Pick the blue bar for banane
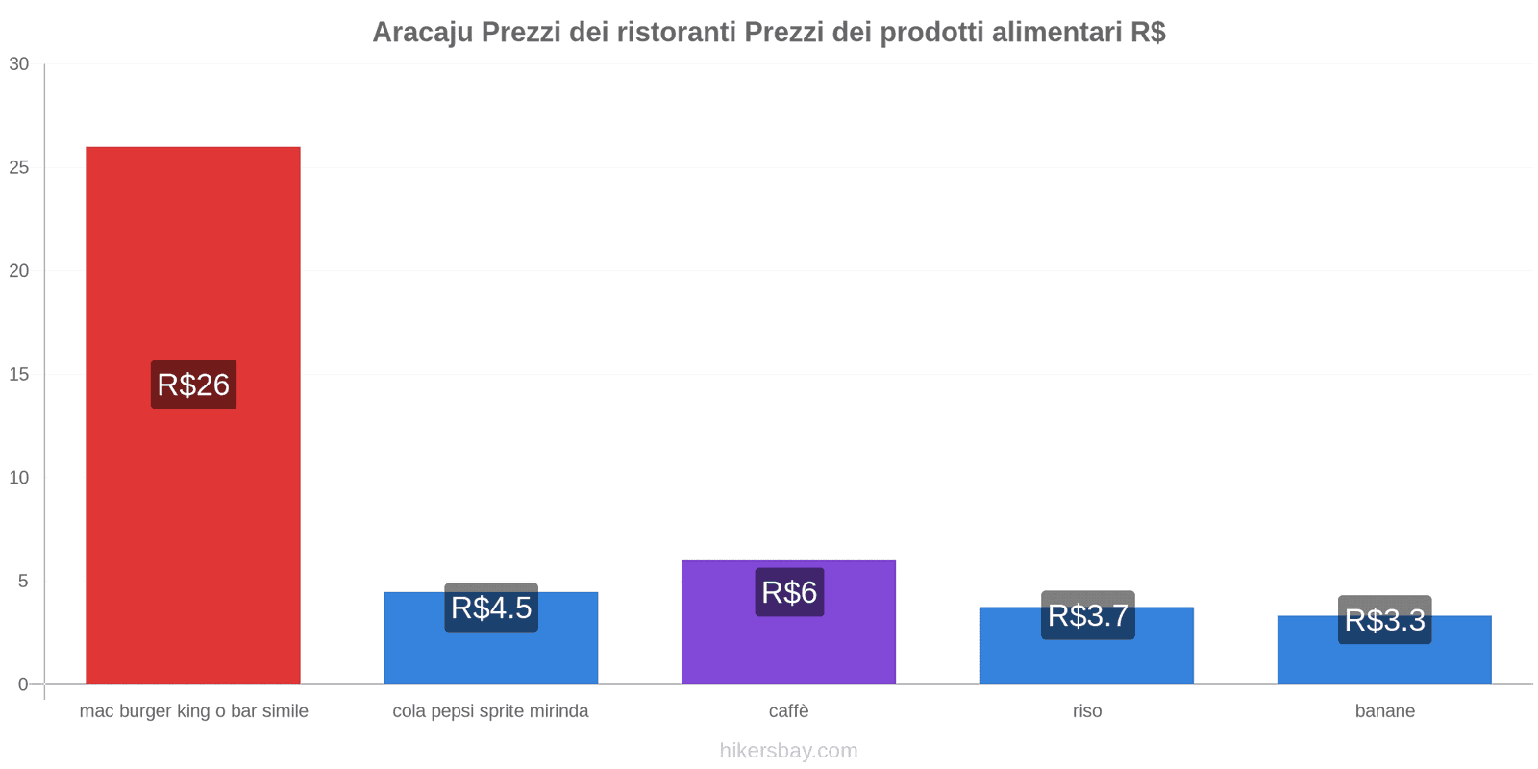pyautogui.click(x=1384, y=663)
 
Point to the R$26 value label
pyautogui.click(x=193, y=384)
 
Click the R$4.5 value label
pyautogui.click(x=491, y=608)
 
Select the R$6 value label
pyautogui.click(x=789, y=592)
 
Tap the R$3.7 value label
pyautogui.click(x=1087, y=615)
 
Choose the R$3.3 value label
pyautogui.click(x=1385, y=620)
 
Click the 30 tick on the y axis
pyautogui.click(x=19, y=64)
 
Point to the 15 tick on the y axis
pyautogui.click(x=19, y=375)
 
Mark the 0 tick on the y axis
pyautogui.click(x=23, y=684)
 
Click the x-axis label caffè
pyautogui.click(x=788, y=711)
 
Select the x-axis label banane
pyautogui.click(x=1384, y=711)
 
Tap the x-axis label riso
pyautogui.click(x=1087, y=711)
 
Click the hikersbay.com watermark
pyautogui.click(x=788, y=751)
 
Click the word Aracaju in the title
pyautogui.click(x=422, y=33)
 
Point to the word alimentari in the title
pyautogui.click(x=1056, y=33)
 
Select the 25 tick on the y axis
pyautogui.click(x=19, y=168)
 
